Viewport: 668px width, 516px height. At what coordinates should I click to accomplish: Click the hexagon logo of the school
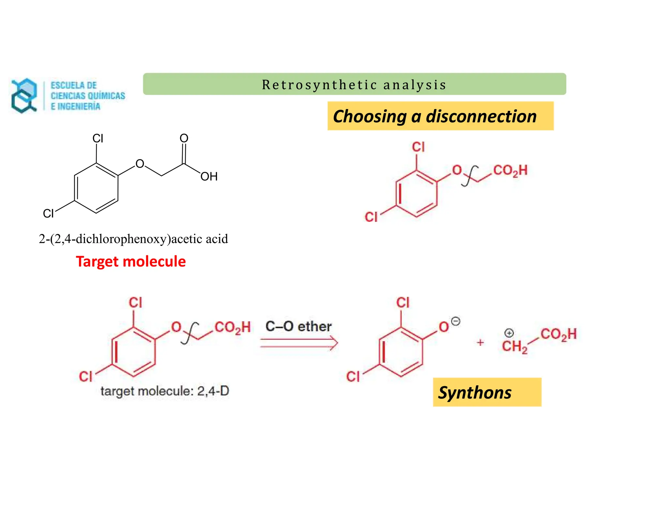24,96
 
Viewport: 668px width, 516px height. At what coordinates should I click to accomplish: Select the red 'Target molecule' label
131,262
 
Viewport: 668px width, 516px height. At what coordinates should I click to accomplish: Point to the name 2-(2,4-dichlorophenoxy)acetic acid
133,239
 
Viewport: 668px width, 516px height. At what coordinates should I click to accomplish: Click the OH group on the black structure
209,176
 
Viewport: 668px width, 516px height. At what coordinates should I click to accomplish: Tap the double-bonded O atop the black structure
184,138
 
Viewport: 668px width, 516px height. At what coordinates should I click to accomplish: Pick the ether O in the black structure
140,164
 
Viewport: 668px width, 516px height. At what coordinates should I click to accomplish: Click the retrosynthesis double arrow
299,343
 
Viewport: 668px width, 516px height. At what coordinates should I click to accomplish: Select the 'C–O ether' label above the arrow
298,326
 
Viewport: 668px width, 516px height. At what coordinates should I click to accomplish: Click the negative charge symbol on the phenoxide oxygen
456,321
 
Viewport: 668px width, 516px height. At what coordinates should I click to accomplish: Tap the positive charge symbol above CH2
509,333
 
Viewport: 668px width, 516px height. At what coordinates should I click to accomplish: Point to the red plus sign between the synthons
480,342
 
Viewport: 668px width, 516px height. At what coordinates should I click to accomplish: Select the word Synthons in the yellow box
475,392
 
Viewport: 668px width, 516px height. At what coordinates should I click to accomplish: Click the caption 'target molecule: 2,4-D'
165,391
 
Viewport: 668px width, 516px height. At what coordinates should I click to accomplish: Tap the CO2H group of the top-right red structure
510,171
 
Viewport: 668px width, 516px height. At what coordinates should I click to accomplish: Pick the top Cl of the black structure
98,138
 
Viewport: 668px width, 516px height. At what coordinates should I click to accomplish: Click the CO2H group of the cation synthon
558,334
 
